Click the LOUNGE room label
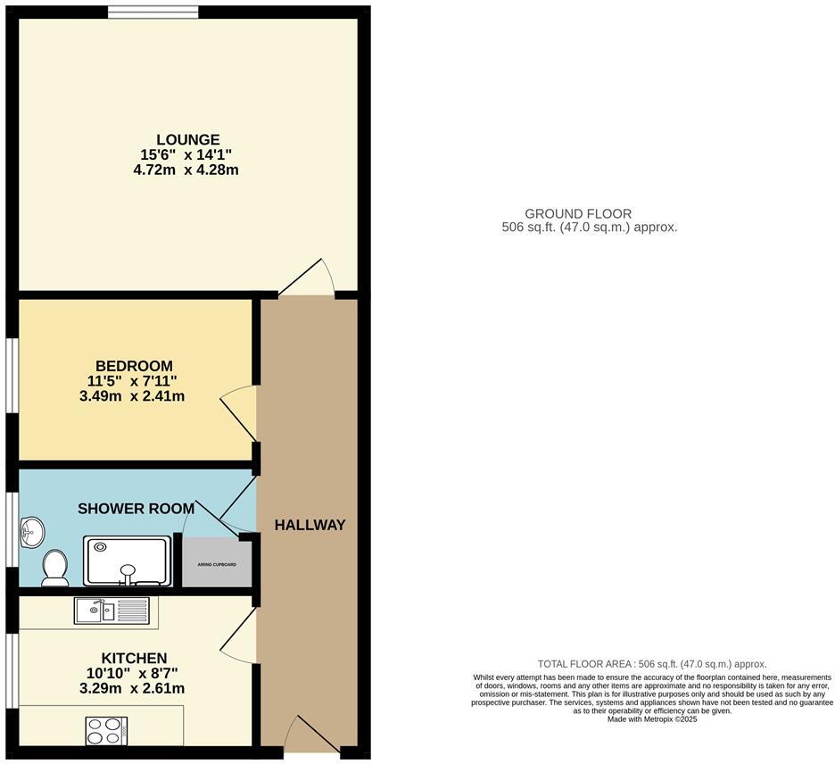click(188, 139)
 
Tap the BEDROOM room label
click(134, 366)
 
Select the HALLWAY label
click(310, 526)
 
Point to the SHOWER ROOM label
click(136, 509)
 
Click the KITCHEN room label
click(134, 658)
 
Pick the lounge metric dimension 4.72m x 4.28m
click(186, 170)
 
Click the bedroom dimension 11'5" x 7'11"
click(133, 381)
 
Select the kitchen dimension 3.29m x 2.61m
click(132, 688)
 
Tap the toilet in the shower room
click(54, 568)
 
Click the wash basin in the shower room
click(32, 532)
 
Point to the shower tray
click(128, 561)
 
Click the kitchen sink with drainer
click(112, 610)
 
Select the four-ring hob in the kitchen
click(106, 731)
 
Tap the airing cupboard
click(217, 564)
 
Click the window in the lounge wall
click(153, 12)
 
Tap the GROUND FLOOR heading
click(578, 213)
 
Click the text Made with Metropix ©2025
click(652, 719)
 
